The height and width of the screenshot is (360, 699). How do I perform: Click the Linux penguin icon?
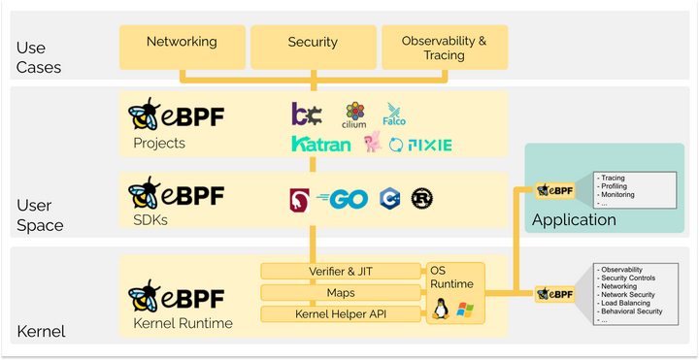pyautogui.click(x=442, y=311)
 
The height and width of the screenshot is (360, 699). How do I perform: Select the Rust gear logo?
pyautogui.click(x=421, y=197)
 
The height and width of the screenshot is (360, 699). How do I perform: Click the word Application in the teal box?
pyautogui.click(x=573, y=219)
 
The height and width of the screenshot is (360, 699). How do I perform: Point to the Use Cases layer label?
pyautogui.click(x=39, y=57)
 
